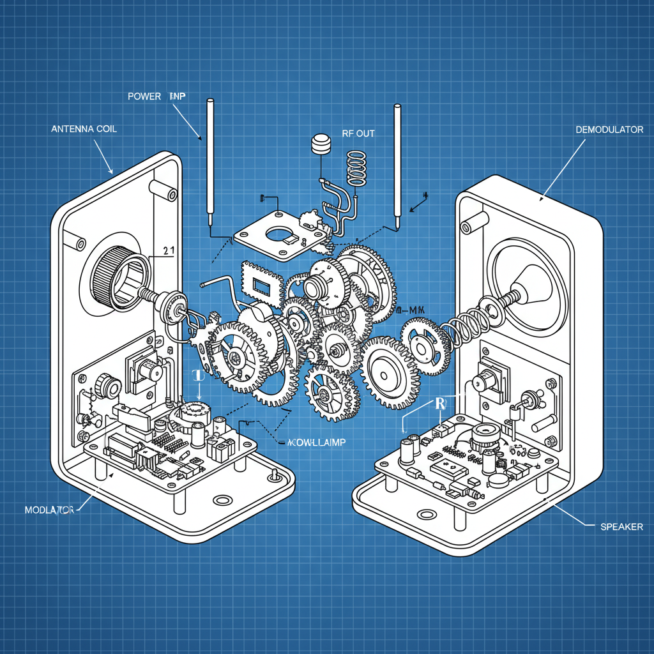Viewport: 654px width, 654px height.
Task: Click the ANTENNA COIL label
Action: [x=83, y=128]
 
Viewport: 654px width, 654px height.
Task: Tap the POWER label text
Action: [x=144, y=96]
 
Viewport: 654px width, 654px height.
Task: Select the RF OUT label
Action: [x=358, y=133]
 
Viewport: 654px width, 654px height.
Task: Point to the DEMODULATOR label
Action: [x=609, y=129]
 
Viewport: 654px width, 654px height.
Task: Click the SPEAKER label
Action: [x=622, y=527]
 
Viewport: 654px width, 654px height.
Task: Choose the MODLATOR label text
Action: [x=49, y=510]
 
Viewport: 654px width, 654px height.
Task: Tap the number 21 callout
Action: [x=169, y=252]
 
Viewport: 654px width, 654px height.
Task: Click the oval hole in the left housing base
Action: [x=224, y=500]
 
